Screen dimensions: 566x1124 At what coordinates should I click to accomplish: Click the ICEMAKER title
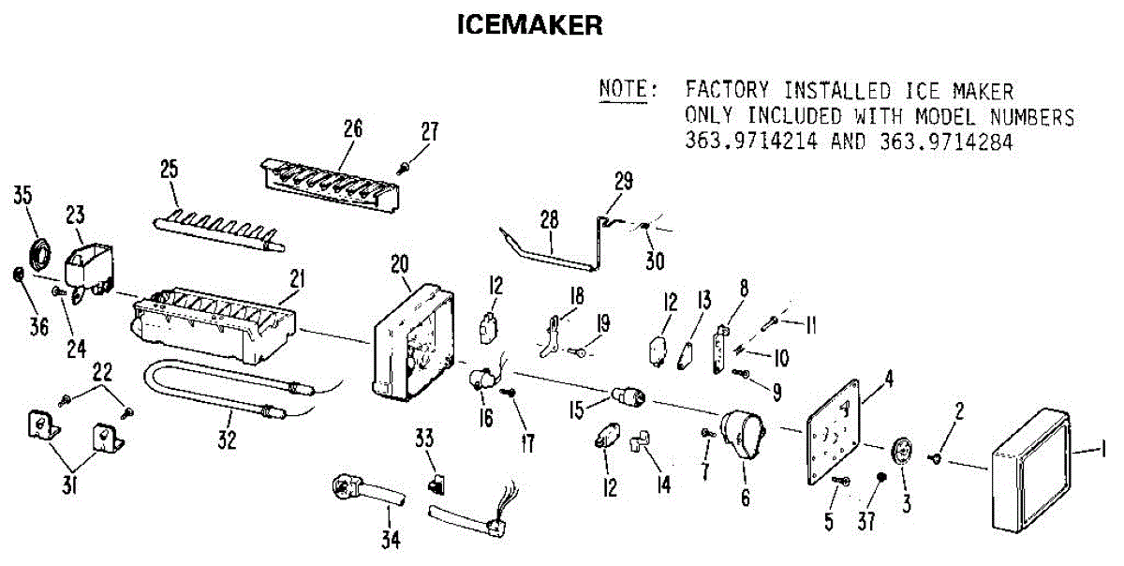tap(529, 24)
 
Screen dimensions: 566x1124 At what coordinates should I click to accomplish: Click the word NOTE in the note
tap(627, 91)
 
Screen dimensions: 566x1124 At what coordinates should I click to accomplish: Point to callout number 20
tap(401, 265)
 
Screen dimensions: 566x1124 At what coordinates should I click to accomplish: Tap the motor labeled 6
tap(742, 437)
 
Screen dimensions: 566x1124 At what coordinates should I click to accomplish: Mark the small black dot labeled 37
tap(881, 478)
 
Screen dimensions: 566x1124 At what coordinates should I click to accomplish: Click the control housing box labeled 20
tap(415, 342)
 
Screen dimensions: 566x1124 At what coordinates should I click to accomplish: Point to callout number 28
tap(549, 220)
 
